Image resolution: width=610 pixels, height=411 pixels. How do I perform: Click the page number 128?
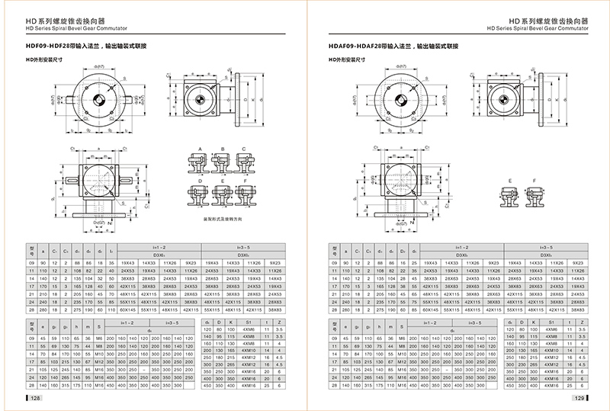35,399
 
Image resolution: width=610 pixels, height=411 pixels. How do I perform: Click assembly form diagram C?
242,160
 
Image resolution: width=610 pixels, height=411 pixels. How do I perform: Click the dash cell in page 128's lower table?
145,369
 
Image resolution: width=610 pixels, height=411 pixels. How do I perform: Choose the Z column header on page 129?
583,324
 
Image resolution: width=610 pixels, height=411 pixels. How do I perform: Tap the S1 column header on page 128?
246,324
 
